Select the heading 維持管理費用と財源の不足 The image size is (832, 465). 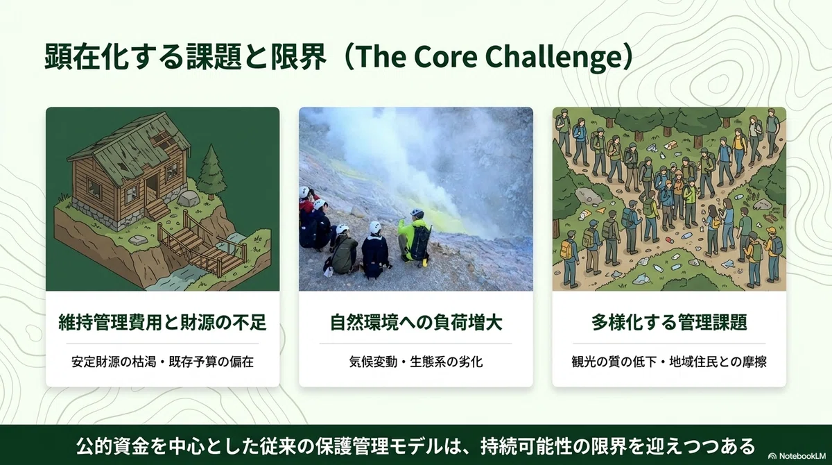point(162,322)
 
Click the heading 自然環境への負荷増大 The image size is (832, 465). point(415,322)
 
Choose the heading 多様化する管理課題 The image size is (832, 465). point(669,322)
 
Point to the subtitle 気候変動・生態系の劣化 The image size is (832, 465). point(415,362)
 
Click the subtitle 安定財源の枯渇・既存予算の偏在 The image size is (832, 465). point(162,362)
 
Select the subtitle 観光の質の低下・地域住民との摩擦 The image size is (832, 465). point(669,362)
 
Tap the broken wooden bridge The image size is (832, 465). point(202,245)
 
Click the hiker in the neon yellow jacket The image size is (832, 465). point(413,237)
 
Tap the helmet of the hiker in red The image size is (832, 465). point(304,192)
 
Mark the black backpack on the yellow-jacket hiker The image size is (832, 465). point(419,242)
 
